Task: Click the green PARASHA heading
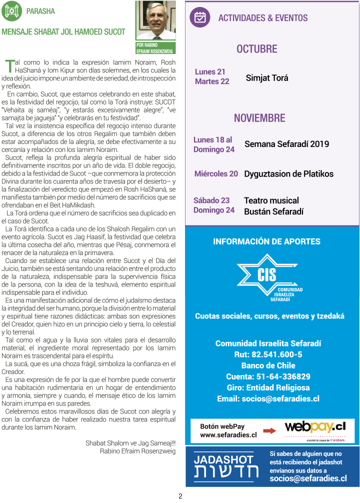click(40, 11)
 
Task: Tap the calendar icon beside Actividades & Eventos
click(200, 17)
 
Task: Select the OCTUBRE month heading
click(256, 49)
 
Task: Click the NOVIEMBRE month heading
click(259, 118)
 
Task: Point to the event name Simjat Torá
click(267, 78)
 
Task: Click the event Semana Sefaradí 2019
click(286, 144)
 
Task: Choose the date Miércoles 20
click(216, 174)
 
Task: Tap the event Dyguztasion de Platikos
click(288, 174)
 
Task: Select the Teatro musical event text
click(271, 200)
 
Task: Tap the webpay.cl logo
click(315, 428)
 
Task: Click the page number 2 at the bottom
click(180, 496)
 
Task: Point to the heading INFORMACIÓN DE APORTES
click(266, 241)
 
